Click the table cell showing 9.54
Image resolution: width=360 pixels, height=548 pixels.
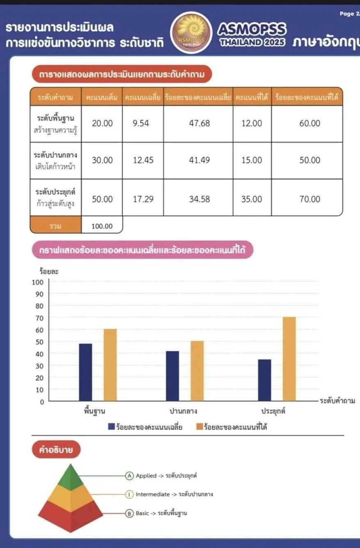click(x=141, y=124)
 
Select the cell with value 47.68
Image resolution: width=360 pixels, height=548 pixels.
click(x=199, y=124)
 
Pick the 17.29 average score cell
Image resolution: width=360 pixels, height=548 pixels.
click(x=143, y=199)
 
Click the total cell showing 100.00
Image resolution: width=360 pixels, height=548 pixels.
click(x=102, y=226)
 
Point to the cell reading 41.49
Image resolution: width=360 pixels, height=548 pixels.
click(x=199, y=160)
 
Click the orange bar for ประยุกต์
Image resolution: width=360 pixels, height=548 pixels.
click(x=289, y=359)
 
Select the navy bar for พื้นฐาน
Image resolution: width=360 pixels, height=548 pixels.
click(x=86, y=372)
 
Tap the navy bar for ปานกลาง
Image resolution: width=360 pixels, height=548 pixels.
click(x=173, y=376)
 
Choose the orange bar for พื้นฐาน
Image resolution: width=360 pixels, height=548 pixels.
click(x=110, y=365)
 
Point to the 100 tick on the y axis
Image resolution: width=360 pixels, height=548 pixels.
click(x=38, y=282)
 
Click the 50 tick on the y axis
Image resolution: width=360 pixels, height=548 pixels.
click(x=39, y=342)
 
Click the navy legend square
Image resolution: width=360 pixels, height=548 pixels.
click(x=111, y=427)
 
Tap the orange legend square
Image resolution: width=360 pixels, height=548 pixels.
click(x=199, y=427)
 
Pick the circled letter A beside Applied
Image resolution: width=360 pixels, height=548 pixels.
click(x=130, y=476)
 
